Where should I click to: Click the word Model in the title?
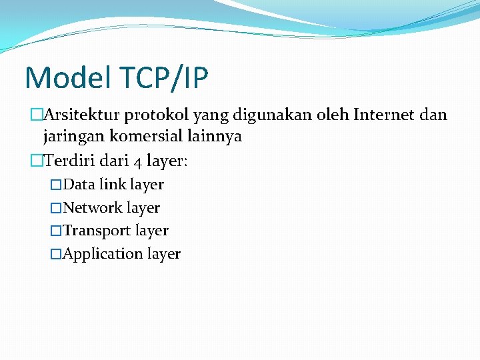click(x=66, y=78)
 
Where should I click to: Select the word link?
click(x=113, y=184)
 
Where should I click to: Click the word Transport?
click(x=97, y=231)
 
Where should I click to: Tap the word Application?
click(x=103, y=254)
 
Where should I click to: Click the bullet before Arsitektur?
click(x=37, y=115)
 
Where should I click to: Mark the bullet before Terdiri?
click(x=37, y=160)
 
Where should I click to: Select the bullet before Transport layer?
click(x=56, y=231)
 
